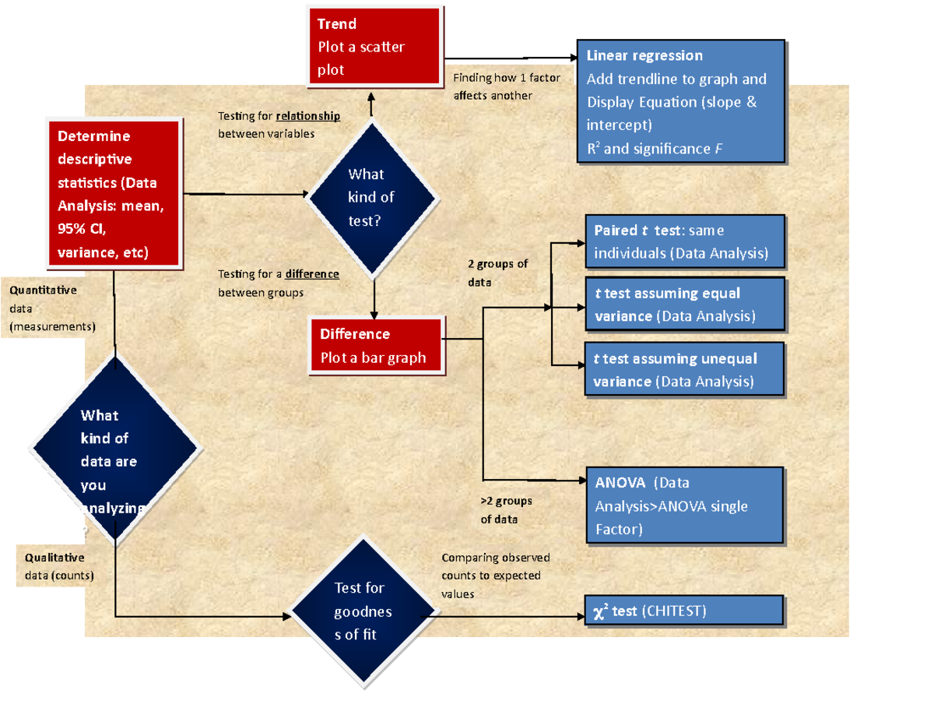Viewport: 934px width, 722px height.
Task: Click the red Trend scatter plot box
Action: point(374,46)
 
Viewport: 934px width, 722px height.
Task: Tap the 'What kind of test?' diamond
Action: point(371,198)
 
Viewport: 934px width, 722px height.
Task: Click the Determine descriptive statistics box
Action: point(114,194)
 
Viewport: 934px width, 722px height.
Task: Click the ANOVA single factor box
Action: point(683,505)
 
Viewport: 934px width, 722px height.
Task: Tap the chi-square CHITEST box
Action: point(683,611)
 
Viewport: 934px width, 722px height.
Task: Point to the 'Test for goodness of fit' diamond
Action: point(363,612)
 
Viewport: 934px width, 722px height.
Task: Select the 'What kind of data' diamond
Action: point(114,449)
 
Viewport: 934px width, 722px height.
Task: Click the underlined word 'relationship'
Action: point(307,116)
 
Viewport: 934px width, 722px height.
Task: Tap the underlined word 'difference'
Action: point(312,274)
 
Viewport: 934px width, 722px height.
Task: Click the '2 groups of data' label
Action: point(497,273)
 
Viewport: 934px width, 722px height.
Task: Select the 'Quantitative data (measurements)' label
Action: point(51,308)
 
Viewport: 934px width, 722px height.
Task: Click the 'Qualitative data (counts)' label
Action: point(58,566)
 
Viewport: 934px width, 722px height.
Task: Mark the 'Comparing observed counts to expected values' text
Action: point(496,576)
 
